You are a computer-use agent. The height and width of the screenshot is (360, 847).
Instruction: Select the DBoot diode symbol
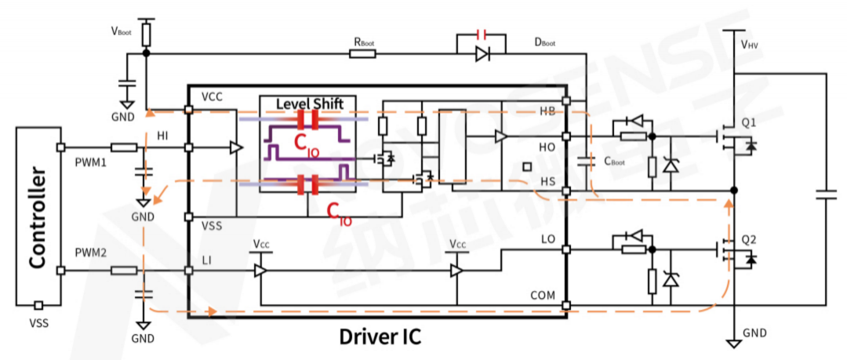pos(482,54)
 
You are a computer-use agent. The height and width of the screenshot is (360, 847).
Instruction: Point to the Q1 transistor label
pos(749,123)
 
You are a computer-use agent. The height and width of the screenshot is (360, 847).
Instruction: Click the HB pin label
pos(547,111)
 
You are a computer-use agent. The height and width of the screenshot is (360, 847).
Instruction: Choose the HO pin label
pos(547,147)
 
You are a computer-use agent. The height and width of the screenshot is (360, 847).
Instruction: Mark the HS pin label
pos(547,182)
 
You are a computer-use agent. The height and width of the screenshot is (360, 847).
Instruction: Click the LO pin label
pos(547,238)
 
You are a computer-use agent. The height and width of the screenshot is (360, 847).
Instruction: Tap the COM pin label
pos(543,296)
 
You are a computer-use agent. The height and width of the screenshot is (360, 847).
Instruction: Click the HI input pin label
pos(163,135)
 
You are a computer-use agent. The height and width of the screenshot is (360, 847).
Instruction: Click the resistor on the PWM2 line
pos(124,271)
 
